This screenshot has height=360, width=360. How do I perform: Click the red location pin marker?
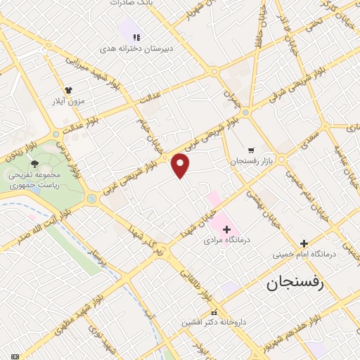pyautogui.click(x=181, y=165)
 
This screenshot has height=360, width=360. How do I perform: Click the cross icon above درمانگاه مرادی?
pyautogui.click(x=226, y=229)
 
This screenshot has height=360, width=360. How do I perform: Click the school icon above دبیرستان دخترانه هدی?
pyautogui.click(x=136, y=37)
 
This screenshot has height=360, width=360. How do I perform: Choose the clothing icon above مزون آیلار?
pyautogui.click(x=69, y=89)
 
